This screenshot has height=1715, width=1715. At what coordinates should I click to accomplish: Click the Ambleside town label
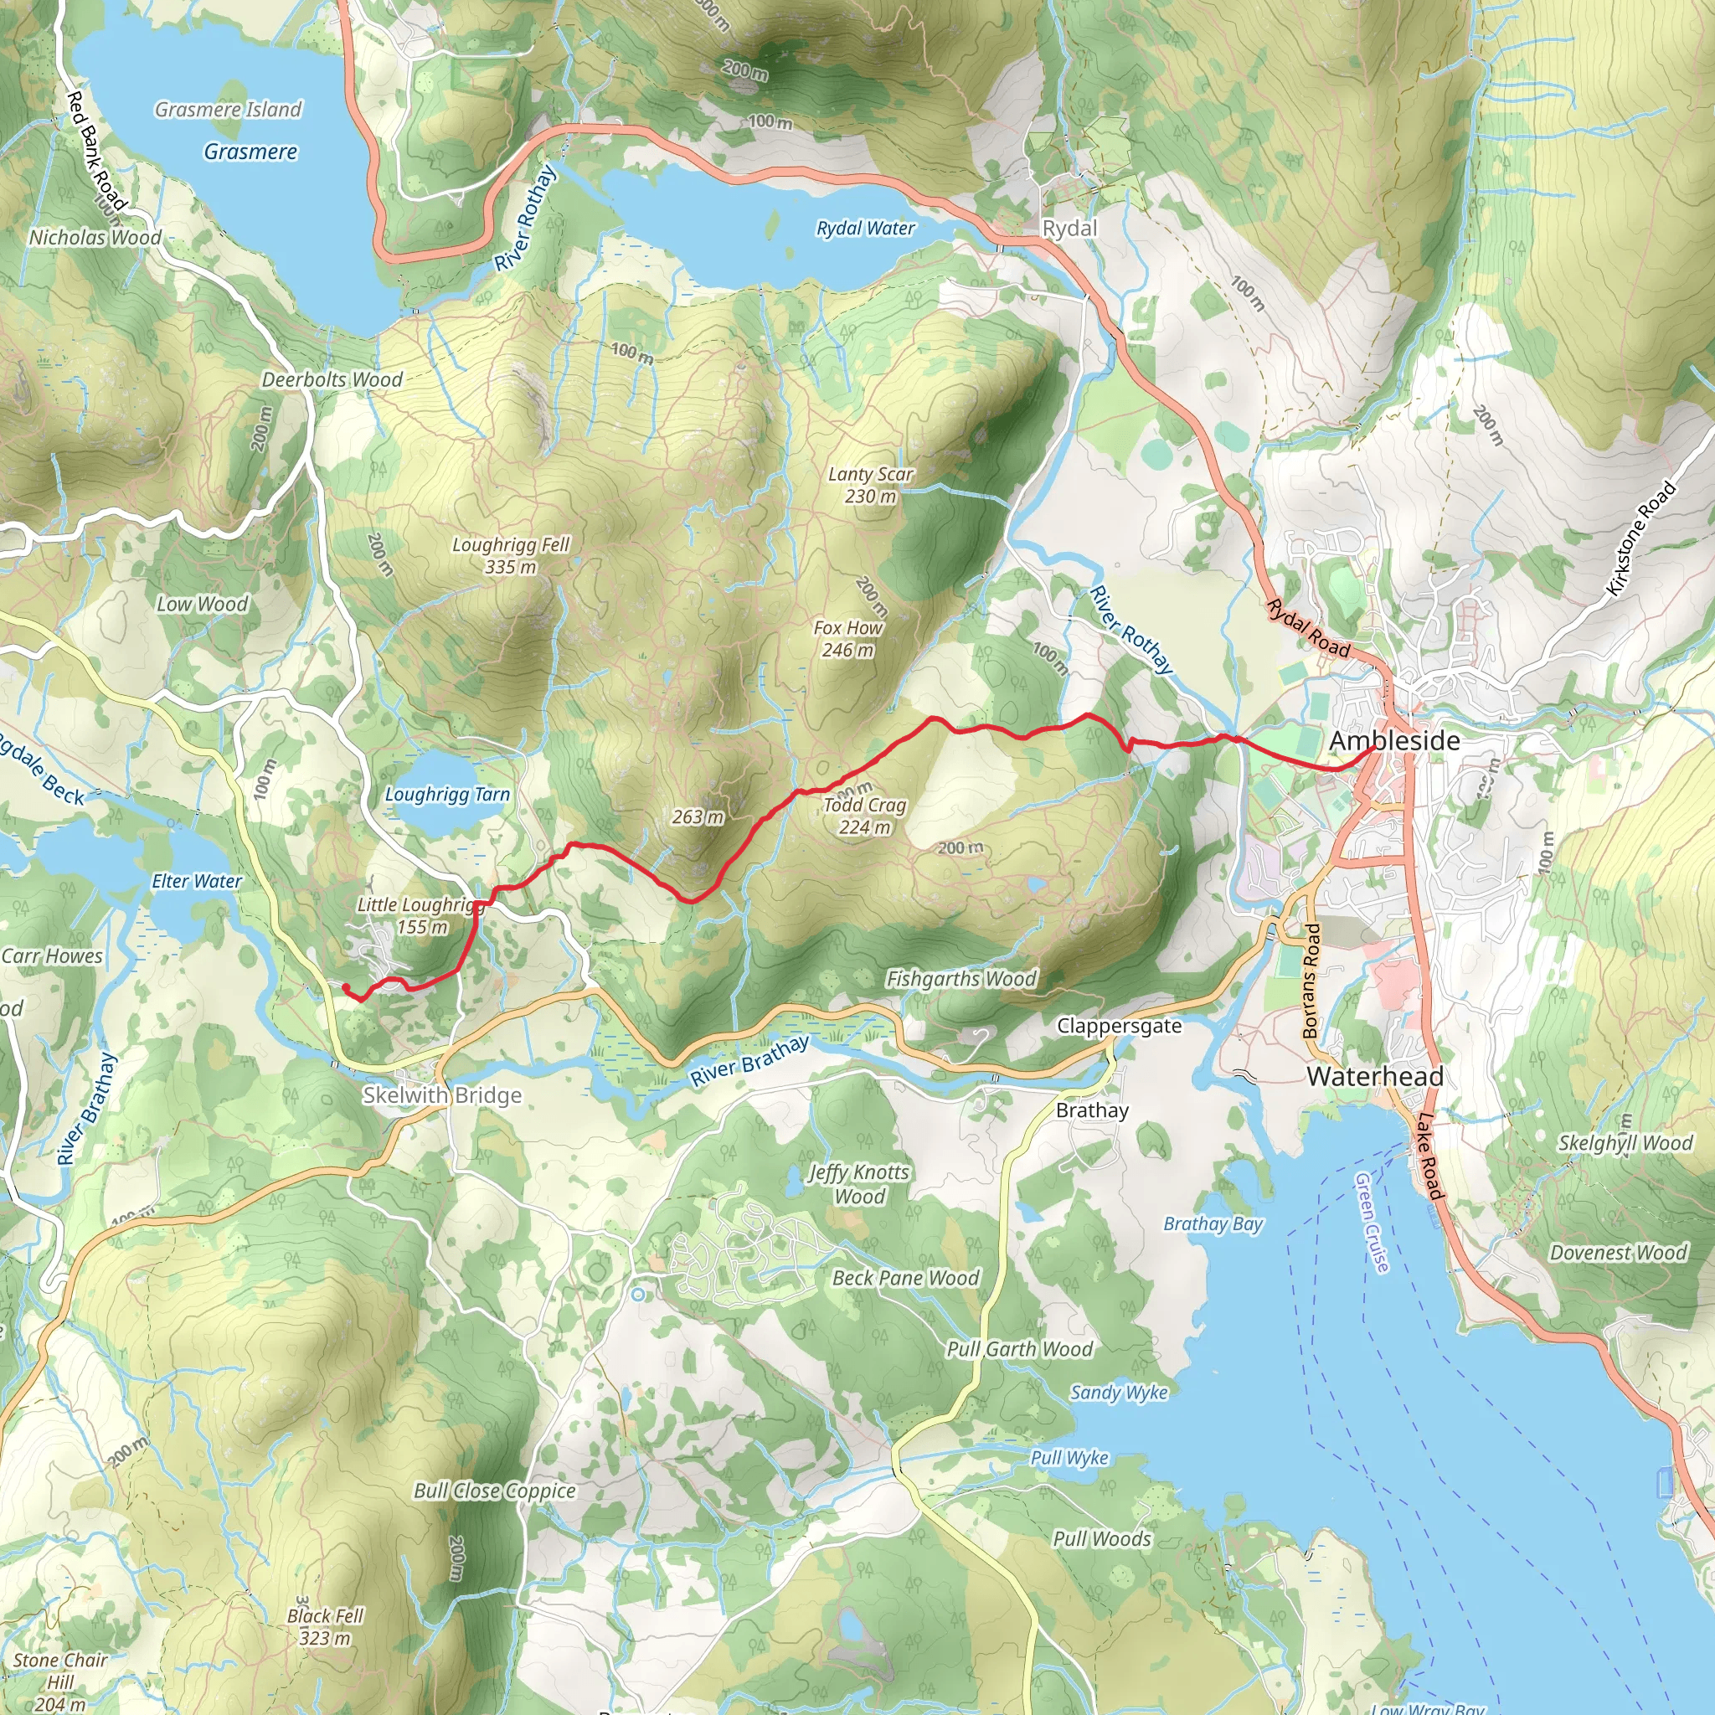(1393, 740)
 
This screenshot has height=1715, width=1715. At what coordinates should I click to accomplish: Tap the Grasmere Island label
(228, 109)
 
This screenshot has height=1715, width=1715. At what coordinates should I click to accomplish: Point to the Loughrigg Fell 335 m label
(511, 555)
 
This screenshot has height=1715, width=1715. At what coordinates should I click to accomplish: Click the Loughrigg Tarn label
(447, 795)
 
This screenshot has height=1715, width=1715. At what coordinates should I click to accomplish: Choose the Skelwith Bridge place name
(442, 1094)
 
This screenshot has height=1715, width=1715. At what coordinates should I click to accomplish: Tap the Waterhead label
(1375, 1076)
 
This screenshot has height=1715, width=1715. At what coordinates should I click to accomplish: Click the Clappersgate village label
(1119, 1025)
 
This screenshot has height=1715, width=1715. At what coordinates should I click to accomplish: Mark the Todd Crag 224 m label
(864, 815)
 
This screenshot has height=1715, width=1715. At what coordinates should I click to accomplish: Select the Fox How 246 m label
(847, 638)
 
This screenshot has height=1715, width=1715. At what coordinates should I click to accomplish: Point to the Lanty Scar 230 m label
(870, 485)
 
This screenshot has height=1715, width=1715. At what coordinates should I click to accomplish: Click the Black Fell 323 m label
(325, 1626)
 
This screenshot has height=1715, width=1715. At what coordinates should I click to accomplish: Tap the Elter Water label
(196, 881)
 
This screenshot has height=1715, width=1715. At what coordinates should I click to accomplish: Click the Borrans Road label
(1311, 980)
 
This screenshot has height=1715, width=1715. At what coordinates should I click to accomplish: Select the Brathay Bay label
(1213, 1223)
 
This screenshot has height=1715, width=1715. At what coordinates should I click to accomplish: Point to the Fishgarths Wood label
(961, 978)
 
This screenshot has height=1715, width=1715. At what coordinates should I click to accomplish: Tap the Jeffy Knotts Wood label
(859, 1183)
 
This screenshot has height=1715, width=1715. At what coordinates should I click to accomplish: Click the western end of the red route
(345, 986)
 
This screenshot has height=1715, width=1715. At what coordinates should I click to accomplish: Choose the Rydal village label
(1069, 228)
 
